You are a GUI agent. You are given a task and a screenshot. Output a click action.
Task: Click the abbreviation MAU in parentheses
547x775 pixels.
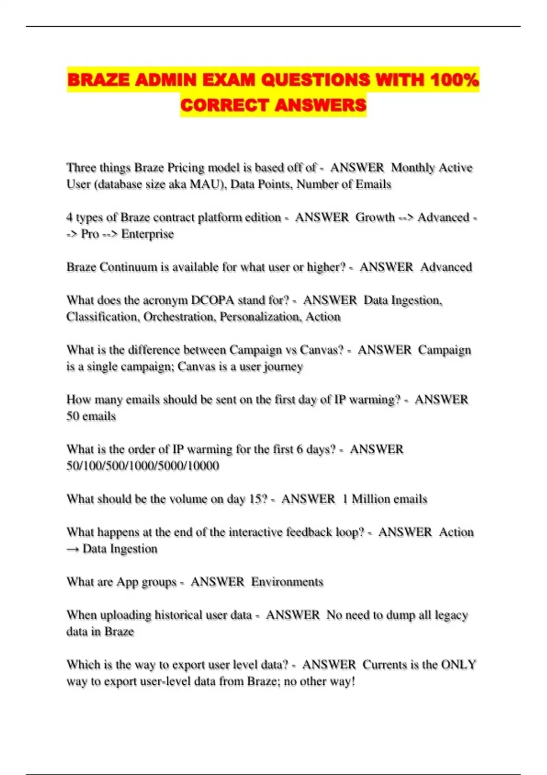(x=205, y=185)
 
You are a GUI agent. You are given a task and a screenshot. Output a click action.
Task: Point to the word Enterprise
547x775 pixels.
(x=147, y=234)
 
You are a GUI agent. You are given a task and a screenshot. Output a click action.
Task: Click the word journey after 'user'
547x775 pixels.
(x=284, y=367)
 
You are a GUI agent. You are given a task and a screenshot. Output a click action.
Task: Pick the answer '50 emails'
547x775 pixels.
(x=91, y=416)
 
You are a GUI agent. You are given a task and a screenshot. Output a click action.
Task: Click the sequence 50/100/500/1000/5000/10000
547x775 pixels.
(x=143, y=466)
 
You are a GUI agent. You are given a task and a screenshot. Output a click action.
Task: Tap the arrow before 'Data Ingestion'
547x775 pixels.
(x=73, y=549)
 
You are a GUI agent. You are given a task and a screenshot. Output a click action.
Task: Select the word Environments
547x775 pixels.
(x=287, y=582)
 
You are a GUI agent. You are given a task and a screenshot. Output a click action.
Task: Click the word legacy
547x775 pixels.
(x=451, y=615)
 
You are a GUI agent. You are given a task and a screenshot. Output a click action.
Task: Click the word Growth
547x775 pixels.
(x=375, y=217)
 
